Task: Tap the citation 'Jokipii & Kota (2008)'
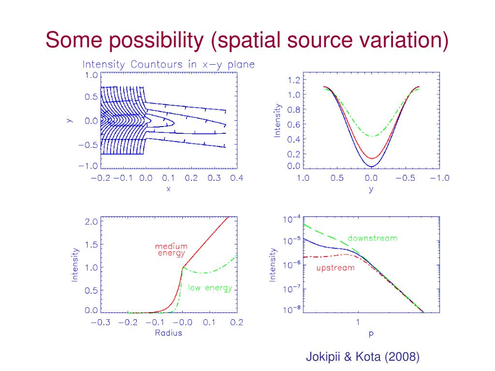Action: [x=363, y=357]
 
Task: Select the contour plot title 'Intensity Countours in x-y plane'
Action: [x=168, y=64]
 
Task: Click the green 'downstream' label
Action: [x=372, y=238]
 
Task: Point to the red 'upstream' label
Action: [x=335, y=268]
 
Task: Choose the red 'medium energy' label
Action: [x=171, y=250]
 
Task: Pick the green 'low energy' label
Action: [x=210, y=288]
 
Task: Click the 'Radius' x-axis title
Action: [x=168, y=333]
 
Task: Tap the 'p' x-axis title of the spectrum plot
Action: [x=371, y=334]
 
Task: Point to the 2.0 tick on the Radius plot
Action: [x=92, y=222]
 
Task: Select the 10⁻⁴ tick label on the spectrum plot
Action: [x=292, y=219]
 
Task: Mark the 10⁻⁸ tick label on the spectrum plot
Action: [x=292, y=310]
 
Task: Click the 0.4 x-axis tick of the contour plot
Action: [x=236, y=178]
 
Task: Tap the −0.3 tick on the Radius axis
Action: [x=102, y=322]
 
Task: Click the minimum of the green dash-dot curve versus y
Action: [x=371, y=136]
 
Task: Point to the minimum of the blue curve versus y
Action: [x=371, y=167]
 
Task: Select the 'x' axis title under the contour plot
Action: [x=168, y=189]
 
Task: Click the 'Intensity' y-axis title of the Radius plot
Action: [x=75, y=265]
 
